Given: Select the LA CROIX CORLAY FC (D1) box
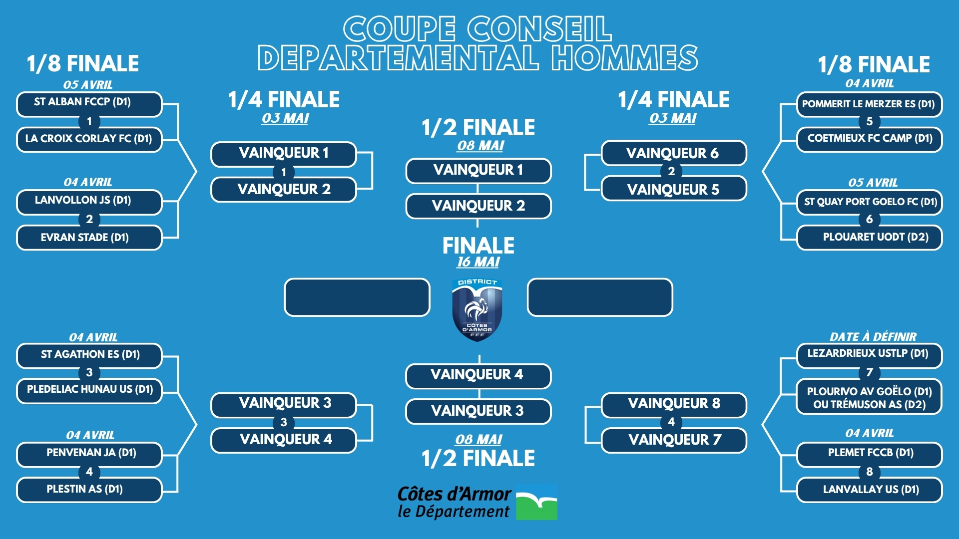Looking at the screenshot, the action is pyautogui.click(x=89, y=139).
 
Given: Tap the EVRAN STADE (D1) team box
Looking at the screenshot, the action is pyautogui.click(x=89, y=238).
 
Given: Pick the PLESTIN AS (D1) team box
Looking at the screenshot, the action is pyautogui.click(x=89, y=490).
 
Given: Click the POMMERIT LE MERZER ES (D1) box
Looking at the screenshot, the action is pyautogui.click(x=869, y=104).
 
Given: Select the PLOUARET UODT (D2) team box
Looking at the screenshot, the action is pyautogui.click(x=869, y=238).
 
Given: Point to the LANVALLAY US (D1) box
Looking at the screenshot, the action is pyautogui.click(x=869, y=490).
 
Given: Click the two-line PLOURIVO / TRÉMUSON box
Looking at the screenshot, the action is pyautogui.click(x=869, y=397).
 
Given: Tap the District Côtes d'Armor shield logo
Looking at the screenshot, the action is pyautogui.click(x=478, y=310).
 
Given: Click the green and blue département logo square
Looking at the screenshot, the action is pyautogui.click(x=536, y=502).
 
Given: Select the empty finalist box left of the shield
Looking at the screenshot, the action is pyautogui.click(x=357, y=297).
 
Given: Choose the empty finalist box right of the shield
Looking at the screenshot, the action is pyautogui.click(x=600, y=297).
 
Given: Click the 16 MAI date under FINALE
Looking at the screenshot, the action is pyautogui.click(x=479, y=262).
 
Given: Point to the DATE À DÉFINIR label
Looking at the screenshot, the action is pyautogui.click(x=873, y=337).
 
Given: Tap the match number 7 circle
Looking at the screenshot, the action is pyautogui.click(x=870, y=373).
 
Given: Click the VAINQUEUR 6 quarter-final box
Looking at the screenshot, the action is pyautogui.click(x=674, y=153).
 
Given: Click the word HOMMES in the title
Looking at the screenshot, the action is pyautogui.click(x=625, y=57).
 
